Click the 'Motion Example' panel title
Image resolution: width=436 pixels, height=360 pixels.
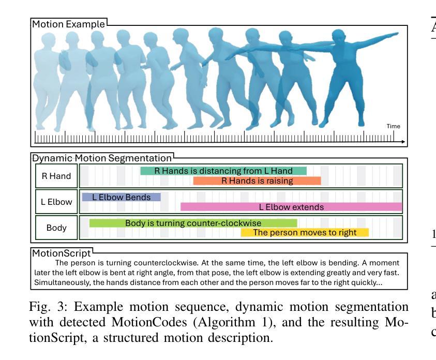point(68,24)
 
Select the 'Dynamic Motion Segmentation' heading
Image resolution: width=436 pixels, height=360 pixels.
point(102,158)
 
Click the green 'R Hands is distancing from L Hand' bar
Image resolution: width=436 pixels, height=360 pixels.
point(223,171)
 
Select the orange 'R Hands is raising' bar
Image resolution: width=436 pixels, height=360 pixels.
point(257,181)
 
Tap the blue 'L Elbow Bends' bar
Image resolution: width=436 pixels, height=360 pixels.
point(121,197)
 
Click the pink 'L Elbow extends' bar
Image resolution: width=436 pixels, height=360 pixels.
point(291,207)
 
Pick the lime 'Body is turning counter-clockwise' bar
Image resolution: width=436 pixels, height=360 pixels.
point(193,223)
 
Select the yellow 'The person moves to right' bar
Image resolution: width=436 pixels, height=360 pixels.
point(305,233)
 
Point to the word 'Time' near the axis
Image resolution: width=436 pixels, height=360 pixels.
point(393,126)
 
